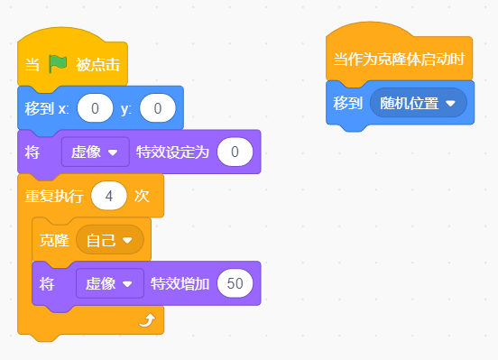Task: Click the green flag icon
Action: [x=58, y=64]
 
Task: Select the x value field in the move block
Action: [x=95, y=108]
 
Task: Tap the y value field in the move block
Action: [x=158, y=108]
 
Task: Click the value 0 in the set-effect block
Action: [x=235, y=152]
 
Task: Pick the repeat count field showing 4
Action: [x=109, y=196]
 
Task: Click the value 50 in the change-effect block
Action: [x=235, y=283]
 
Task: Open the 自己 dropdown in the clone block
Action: [x=110, y=240]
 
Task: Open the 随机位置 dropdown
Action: [x=419, y=103]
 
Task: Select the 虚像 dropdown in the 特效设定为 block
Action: [x=96, y=152]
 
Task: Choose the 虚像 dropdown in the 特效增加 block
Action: [x=110, y=283]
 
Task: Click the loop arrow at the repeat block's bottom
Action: [x=147, y=320]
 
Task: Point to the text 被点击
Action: [x=97, y=65]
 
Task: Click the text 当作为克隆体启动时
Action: [x=400, y=60]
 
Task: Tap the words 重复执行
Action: [x=54, y=196]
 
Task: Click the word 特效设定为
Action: [x=172, y=152]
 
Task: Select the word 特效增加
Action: [x=180, y=283]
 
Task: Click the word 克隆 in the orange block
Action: [x=54, y=240]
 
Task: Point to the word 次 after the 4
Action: [x=142, y=196]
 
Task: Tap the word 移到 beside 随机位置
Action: [x=347, y=103]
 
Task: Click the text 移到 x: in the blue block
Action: [x=47, y=108]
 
